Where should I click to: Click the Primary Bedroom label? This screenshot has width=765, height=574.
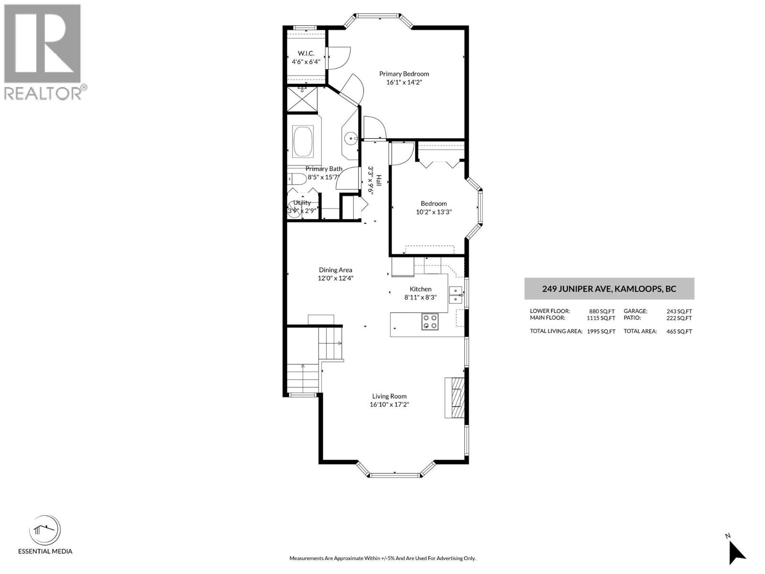click(404, 74)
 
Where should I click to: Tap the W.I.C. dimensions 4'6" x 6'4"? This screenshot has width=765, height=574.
click(306, 62)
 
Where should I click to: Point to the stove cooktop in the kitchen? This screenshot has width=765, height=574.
click(430, 321)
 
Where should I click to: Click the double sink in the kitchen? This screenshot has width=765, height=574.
click(456, 295)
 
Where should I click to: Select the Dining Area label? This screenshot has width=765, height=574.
click(336, 270)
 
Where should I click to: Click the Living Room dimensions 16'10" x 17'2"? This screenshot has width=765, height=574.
click(390, 405)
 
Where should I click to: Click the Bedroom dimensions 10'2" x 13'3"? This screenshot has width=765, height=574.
click(434, 212)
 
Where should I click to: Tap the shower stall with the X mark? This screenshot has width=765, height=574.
click(302, 100)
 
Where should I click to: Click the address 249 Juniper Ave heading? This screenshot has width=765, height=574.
click(609, 289)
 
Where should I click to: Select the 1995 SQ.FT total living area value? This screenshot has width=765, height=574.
click(601, 331)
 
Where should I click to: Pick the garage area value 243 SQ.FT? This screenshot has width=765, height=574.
click(679, 311)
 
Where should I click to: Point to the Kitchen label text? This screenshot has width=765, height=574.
click(420, 289)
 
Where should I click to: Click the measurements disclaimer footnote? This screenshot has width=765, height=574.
click(382, 558)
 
